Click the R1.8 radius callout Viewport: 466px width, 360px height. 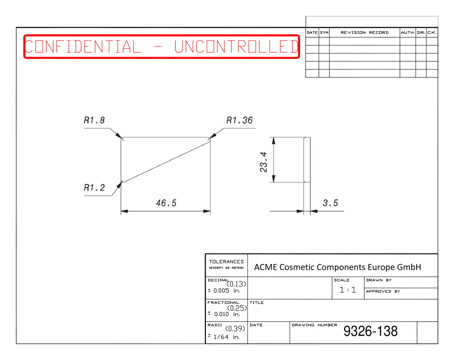point(94,120)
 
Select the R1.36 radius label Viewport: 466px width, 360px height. point(239,120)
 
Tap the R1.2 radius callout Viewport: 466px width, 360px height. point(94,188)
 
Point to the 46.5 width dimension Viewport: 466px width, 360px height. point(166,203)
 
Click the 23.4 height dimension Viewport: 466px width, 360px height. point(263,162)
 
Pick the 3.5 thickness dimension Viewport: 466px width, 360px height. point(330,203)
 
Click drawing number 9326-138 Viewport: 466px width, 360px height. point(370,331)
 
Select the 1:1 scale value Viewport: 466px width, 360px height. point(348,290)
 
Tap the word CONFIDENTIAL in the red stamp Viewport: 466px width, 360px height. point(83,47)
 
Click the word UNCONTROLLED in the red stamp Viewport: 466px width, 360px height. point(236,47)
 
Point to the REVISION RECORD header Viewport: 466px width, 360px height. point(364,33)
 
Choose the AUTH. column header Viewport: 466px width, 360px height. point(408,33)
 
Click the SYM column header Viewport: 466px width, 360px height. point(324,33)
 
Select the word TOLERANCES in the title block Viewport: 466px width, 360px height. point(226,262)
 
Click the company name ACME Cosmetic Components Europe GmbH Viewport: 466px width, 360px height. point(337,267)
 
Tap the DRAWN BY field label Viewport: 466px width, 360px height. point(379,280)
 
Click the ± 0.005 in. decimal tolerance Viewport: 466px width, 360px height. point(224,291)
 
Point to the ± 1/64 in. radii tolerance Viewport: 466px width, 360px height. point(223,337)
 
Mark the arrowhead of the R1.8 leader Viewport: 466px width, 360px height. point(119,136)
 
